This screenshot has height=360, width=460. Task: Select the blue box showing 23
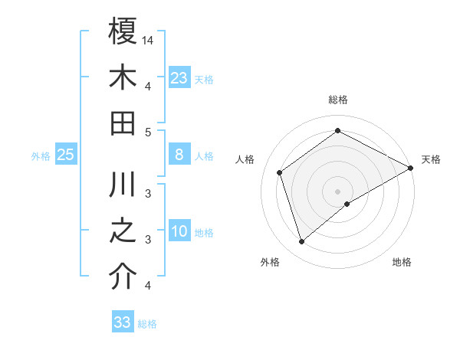point(179,77)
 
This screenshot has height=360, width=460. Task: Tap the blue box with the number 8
point(179,155)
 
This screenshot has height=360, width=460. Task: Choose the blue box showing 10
point(179,232)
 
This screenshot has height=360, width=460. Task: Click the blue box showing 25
point(65,155)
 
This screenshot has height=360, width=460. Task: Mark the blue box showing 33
point(122,322)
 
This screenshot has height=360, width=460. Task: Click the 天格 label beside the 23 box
point(204,79)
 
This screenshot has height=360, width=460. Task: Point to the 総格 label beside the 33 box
point(147,324)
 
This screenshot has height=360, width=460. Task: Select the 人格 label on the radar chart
point(245,159)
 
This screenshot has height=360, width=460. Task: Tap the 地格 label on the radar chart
point(402,262)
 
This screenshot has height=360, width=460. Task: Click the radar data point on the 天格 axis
point(411,169)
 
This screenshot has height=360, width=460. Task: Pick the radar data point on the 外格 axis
point(301,242)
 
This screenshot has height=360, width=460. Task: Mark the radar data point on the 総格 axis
point(337,130)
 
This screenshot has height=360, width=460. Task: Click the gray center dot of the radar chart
point(337,190)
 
